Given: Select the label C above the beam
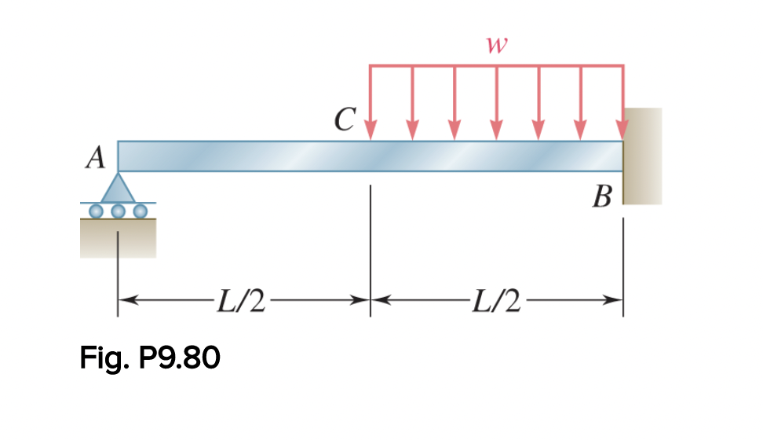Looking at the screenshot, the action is coord(343,119).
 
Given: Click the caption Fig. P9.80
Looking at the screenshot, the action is coord(150,358).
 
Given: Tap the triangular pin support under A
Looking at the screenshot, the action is coord(119,189).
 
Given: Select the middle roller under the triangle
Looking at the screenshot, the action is coord(119,211).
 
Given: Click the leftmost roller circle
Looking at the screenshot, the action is coord(97,211).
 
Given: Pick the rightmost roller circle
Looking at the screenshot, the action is coord(141,211).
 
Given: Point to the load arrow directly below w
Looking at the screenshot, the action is coord(496,102).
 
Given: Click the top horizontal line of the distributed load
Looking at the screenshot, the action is coord(496,65).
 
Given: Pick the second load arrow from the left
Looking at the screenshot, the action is coord(413,102).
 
